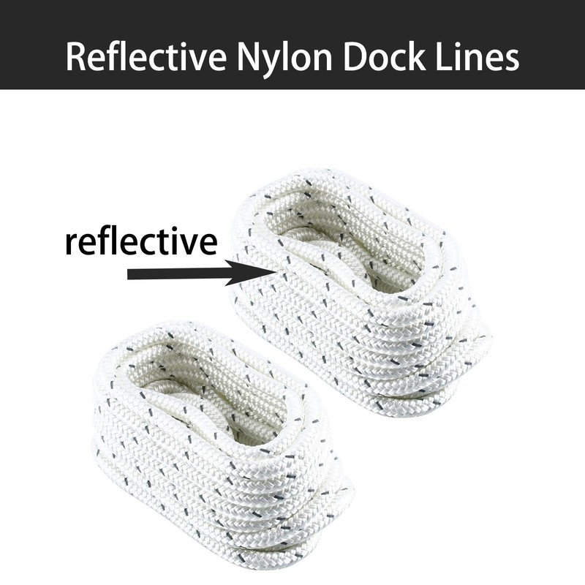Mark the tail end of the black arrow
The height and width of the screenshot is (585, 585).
coord(129,274)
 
